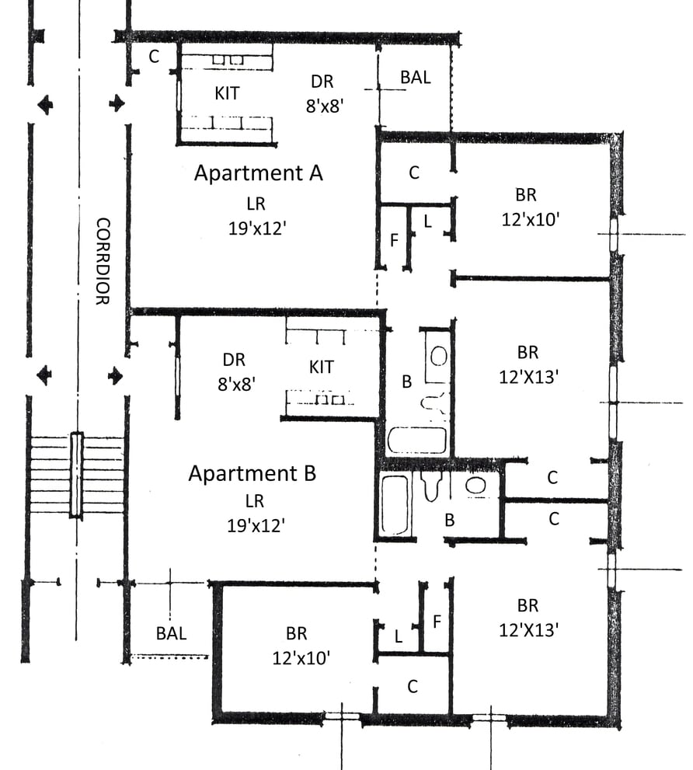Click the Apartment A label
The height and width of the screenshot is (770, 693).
coord(259,172)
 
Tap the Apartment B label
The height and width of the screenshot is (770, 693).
coord(252,473)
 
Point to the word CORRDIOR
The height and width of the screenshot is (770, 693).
coord(103,261)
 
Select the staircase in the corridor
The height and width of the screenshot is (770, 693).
coord(77,475)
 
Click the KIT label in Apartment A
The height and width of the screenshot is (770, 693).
coord(227,92)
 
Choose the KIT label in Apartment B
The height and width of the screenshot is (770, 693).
coord(322,367)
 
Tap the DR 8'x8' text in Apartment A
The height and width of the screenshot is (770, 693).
coord(324,93)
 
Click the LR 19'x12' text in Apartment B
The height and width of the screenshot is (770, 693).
coord(256,513)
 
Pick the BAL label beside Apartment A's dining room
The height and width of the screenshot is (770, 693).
coord(416,77)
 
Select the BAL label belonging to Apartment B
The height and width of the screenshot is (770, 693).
coord(172,633)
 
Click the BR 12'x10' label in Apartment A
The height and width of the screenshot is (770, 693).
coord(529,207)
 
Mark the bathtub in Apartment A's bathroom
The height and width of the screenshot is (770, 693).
coord(417,440)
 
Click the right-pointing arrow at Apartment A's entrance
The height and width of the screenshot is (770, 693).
coord(117,104)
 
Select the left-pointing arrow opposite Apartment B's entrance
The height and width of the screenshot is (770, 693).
coord(45,375)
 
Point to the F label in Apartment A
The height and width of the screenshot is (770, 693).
coord(394,240)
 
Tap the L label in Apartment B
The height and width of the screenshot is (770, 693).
coord(399,636)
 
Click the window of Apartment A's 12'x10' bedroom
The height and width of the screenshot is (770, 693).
coord(614,234)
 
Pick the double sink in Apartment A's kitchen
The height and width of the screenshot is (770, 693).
coord(228,60)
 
